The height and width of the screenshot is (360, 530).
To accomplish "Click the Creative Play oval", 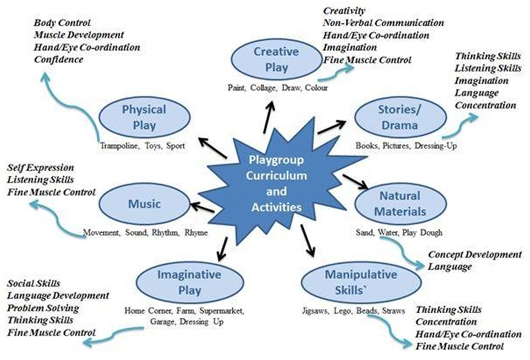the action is click(x=276, y=59).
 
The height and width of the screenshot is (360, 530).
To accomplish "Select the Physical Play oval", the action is click(x=144, y=117).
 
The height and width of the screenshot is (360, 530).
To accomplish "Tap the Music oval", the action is click(x=144, y=204).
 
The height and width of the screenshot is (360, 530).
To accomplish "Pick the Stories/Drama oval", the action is click(x=400, y=117).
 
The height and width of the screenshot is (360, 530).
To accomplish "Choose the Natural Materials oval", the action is click(x=400, y=204).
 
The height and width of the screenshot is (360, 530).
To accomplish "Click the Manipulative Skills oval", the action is click(x=361, y=282).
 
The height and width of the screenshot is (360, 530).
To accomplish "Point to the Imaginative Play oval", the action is click(x=189, y=282).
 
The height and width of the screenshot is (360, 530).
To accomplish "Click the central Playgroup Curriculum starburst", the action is click(x=276, y=182).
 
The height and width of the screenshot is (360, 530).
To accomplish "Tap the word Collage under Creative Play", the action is click(x=263, y=88).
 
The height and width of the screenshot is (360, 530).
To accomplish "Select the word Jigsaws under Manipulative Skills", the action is click(x=315, y=311).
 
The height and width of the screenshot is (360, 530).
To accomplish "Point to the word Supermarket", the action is click(x=222, y=311).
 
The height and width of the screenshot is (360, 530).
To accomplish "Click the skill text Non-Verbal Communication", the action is click(x=383, y=23).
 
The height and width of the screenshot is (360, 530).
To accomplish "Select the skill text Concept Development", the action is click(x=475, y=254).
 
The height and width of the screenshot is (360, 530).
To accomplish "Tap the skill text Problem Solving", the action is click(x=43, y=308).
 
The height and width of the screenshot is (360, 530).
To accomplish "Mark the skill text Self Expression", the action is click(x=41, y=168).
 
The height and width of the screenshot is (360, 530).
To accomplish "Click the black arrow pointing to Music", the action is click(x=202, y=207).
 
